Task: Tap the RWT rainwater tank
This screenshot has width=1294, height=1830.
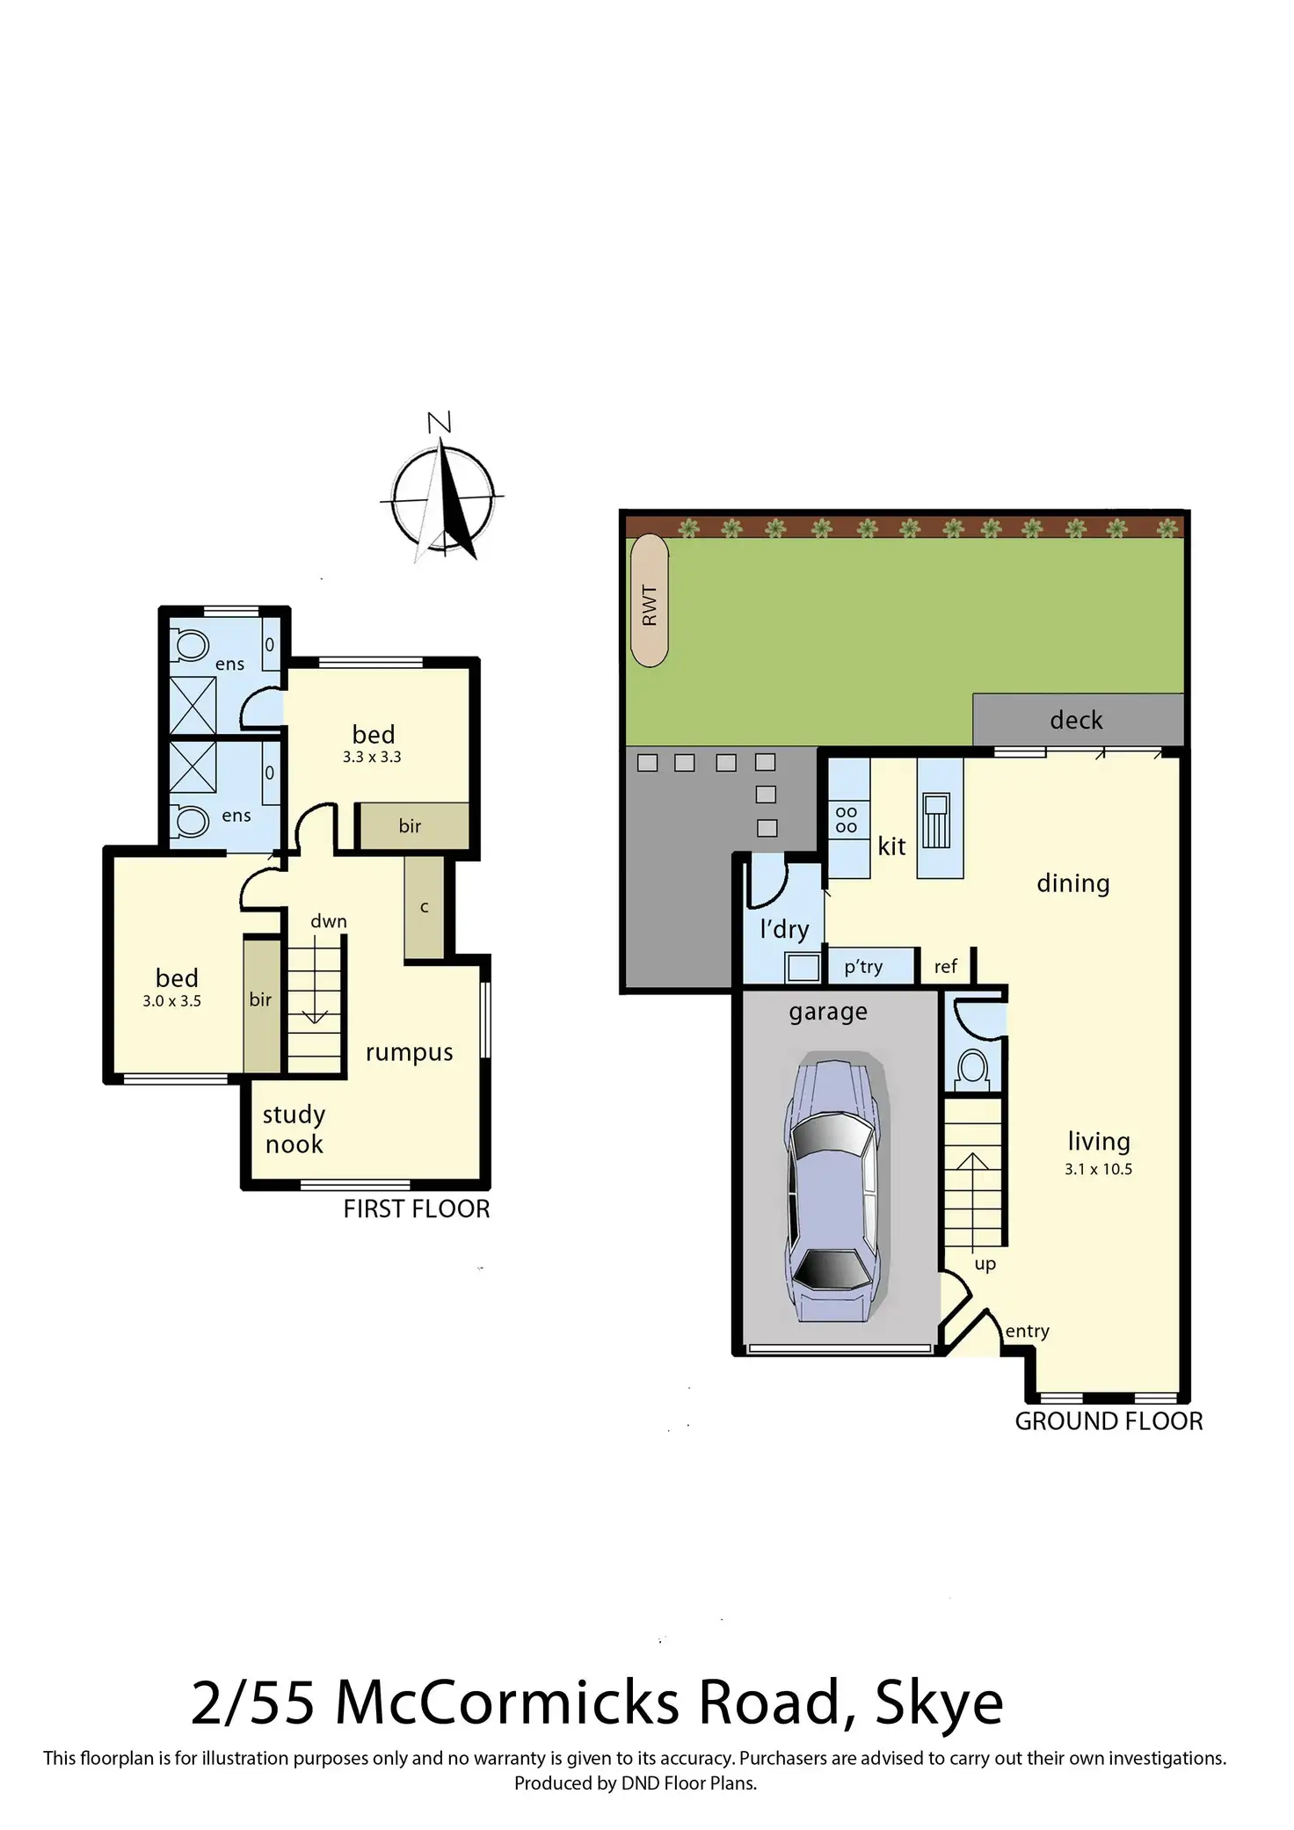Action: tap(650, 600)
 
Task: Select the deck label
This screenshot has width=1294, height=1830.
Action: tap(1076, 720)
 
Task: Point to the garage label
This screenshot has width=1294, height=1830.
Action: tap(828, 1013)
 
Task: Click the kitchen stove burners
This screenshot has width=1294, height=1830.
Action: tap(846, 819)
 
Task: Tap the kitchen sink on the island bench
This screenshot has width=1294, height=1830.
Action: tap(936, 819)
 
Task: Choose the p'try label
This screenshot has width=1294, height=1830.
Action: tap(863, 967)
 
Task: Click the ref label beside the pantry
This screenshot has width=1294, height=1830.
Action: tap(945, 967)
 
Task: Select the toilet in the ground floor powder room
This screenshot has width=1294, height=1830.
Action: tap(972, 1069)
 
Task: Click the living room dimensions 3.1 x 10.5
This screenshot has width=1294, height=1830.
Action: tap(1098, 1169)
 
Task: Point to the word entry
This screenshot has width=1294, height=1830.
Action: tap(1027, 1331)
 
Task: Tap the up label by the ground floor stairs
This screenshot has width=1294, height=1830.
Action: tap(985, 1264)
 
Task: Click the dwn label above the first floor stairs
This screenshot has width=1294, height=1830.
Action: tap(329, 921)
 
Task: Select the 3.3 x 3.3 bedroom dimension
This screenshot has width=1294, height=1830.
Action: tap(372, 757)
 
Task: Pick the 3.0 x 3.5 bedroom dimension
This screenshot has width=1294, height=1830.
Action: tap(171, 1001)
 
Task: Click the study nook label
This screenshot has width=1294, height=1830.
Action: tap(294, 1129)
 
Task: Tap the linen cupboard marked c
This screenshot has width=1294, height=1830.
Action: tap(424, 907)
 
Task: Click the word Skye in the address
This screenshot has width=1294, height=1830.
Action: tap(939, 1703)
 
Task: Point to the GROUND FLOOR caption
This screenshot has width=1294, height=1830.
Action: tap(1109, 1421)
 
